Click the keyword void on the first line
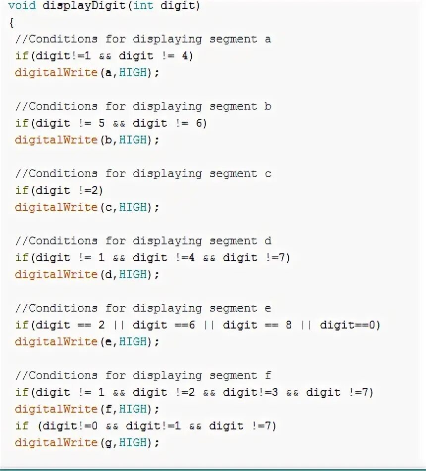pyautogui.click(x=21, y=6)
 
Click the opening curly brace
pyautogui.click(x=11, y=23)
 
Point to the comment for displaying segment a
pyautogui.click(x=143, y=39)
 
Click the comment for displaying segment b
pyautogui.click(x=143, y=106)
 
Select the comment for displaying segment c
pyautogui.click(x=143, y=174)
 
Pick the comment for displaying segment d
pyautogui.click(x=143, y=241)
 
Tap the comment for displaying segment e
pyautogui.click(x=143, y=308)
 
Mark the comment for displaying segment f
pyautogui.click(x=143, y=376)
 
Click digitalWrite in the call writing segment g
pyautogui.click(x=56, y=443)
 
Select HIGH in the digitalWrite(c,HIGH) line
pyautogui.click(x=133, y=207)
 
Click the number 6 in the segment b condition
pyautogui.click(x=199, y=123)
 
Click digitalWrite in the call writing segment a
pyautogui.click(x=56, y=73)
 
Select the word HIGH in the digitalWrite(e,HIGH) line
pyautogui.click(x=133, y=342)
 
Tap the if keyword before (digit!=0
pyautogui.click(x=21, y=426)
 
